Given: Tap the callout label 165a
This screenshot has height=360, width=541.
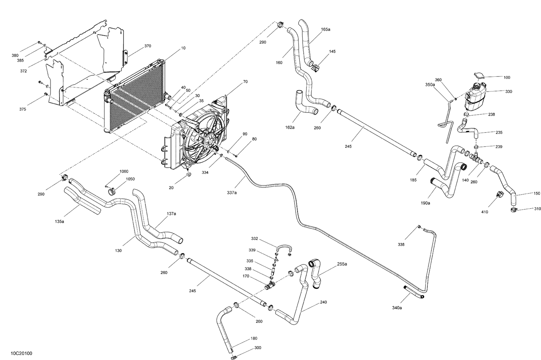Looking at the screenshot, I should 325,30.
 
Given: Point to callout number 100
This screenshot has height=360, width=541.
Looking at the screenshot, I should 507,77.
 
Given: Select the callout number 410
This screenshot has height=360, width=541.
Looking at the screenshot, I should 484,212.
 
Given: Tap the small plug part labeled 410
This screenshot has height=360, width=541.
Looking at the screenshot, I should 500,194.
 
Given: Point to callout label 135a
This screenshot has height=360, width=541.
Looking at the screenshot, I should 60,222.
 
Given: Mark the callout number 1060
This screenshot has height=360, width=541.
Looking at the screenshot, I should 124,172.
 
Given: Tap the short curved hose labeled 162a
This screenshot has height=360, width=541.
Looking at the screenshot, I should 305,104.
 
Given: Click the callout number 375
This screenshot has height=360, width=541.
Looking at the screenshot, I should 22,109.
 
